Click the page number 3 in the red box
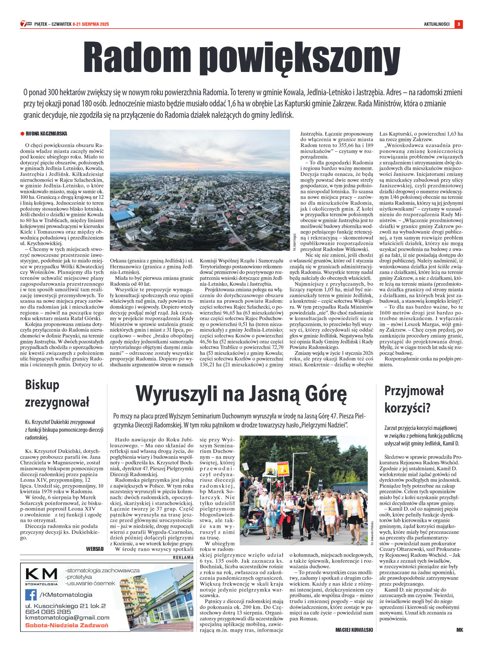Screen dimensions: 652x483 [459, 24]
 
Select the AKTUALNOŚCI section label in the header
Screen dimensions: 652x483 [436, 24]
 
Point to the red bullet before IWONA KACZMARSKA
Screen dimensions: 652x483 [22, 134]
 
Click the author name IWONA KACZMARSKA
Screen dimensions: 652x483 [46, 134]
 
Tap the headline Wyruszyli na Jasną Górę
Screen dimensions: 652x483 [241, 394]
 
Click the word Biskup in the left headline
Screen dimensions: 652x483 [42, 385]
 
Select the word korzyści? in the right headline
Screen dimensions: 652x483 [407, 408]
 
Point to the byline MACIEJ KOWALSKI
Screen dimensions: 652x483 [354, 630]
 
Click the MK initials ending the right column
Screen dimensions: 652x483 [459, 630]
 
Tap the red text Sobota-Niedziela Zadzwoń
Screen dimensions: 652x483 [67, 625]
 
